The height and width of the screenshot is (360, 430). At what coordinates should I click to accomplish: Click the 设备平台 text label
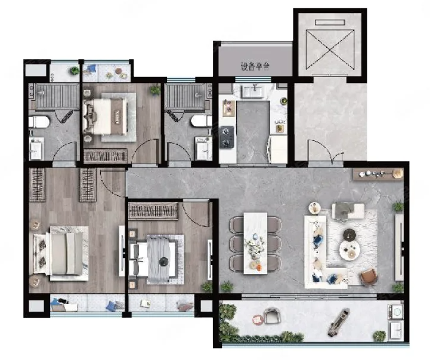[x=255, y=66]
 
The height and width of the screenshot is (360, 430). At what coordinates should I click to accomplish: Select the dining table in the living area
[x=256, y=243]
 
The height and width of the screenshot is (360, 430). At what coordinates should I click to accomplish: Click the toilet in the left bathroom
[x=39, y=122]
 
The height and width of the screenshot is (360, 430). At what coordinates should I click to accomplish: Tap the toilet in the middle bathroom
[x=202, y=121]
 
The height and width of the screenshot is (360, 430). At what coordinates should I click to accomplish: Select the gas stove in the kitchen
[x=227, y=137]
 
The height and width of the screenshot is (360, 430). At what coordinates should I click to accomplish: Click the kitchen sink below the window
[x=252, y=90]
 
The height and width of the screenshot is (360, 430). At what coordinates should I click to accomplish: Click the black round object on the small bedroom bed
[x=163, y=261]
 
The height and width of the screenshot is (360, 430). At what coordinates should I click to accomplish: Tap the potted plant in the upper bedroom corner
[x=155, y=90]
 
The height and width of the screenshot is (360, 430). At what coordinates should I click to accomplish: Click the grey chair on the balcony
[x=271, y=315]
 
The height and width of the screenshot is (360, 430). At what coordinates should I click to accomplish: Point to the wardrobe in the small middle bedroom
[x=154, y=211]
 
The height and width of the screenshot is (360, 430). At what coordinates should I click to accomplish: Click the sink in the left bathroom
[x=36, y=149]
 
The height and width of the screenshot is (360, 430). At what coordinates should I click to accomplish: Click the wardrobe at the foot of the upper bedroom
[x=106, y=156]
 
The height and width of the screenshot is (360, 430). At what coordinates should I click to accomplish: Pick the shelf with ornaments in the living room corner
[x=379, y=174]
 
